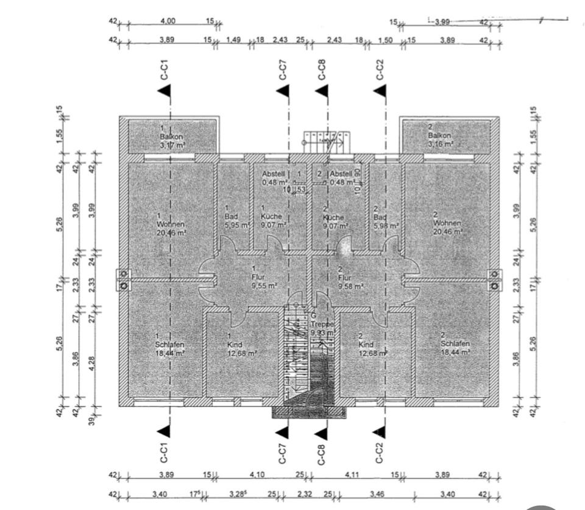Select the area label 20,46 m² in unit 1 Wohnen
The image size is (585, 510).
(171, 232)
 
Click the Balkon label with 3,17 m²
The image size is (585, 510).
(171, 137)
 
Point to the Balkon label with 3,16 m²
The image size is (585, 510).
(441, 137)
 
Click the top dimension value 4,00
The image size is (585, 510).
(168, 21)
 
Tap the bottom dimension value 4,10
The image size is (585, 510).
(257, 474)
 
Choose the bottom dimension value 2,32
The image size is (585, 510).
(304, 494)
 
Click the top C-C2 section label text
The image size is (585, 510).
(380, 70)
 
